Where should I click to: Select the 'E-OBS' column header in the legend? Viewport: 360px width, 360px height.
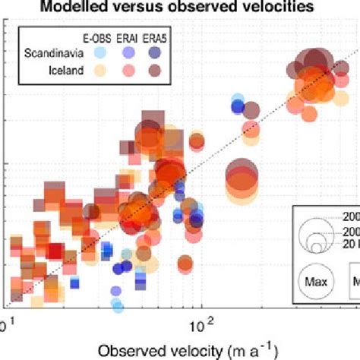click(x=95, y=37)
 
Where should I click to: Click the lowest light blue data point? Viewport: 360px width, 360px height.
click(x=117, y=305)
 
